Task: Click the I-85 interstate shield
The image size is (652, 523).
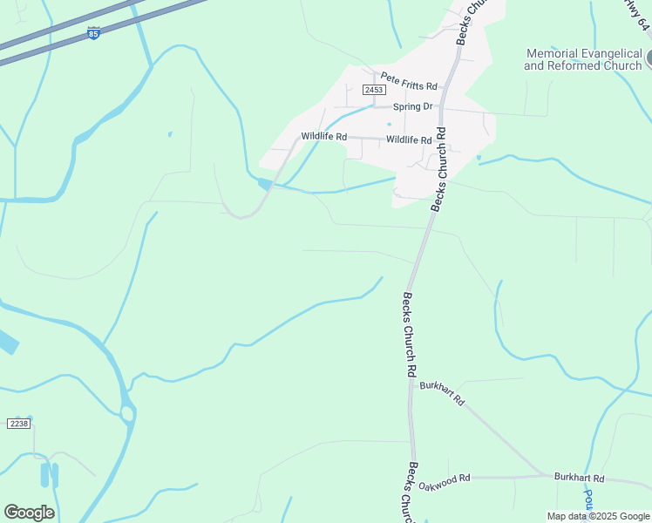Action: click(x=93, y=33)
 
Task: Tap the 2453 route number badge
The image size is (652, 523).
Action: click(x=374, y=90)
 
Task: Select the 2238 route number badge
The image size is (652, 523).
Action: click(x=18, y=423)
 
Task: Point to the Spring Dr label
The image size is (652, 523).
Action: click(x=412, y=106)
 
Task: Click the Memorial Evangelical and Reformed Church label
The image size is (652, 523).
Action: click(x=583, y=59)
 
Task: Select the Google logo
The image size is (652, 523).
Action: click(x=29, y=513)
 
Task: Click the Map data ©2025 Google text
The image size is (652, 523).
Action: click(x=598, y=516)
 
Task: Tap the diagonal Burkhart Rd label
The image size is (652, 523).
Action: click(x=443, y=394)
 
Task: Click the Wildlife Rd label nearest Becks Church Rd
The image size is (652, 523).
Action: click(x=409, y=139)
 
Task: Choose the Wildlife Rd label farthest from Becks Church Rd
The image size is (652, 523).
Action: click(x=324, y=136)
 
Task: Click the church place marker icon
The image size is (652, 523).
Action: click(x=649, y=59)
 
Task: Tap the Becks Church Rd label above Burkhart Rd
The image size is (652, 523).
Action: click(x=408, y=334)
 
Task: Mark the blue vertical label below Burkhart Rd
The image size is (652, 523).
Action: click(x=588, y=499)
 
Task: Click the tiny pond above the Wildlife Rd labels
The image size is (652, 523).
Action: click(x=389, y=123)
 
